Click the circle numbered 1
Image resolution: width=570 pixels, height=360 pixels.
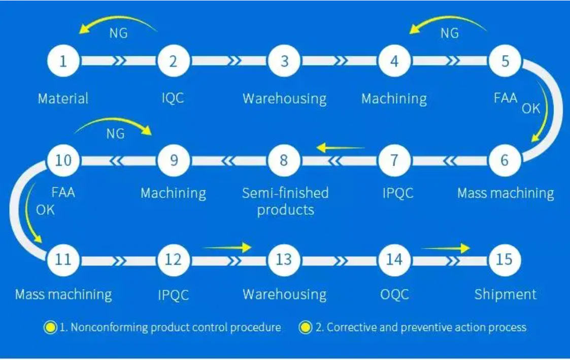tap(63, 61)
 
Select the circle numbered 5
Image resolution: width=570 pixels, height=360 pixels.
tap(505, 61)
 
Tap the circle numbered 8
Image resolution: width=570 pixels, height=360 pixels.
tap(284, 160)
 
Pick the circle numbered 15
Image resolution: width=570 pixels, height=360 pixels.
tap(504, 259)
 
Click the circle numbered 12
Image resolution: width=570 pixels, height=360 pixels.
tap(174, 259)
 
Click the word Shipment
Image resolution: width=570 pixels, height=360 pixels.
tap(505, 294)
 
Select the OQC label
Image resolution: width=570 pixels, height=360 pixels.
tap(394, 294)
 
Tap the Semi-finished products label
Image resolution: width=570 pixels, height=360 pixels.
tap(285, 201)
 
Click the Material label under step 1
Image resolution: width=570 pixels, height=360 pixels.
tap(63, 97)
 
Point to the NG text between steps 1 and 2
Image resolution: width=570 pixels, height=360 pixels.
tap(118, 34)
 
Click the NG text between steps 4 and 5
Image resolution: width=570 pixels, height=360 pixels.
tap(449, 34)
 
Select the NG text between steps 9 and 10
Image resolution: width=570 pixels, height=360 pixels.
tap(115, 134)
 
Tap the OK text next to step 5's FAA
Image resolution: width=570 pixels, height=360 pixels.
tap(531, 108)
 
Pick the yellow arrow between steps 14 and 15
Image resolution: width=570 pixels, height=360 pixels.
tap(446, 248)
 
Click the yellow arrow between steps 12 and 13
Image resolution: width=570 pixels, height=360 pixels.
tap(227, 248)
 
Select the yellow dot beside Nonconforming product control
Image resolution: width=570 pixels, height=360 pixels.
tap(51, 328)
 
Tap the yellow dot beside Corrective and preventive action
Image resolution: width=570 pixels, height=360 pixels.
tap(305, 328)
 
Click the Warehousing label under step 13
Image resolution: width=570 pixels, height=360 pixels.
tap(284, 294)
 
